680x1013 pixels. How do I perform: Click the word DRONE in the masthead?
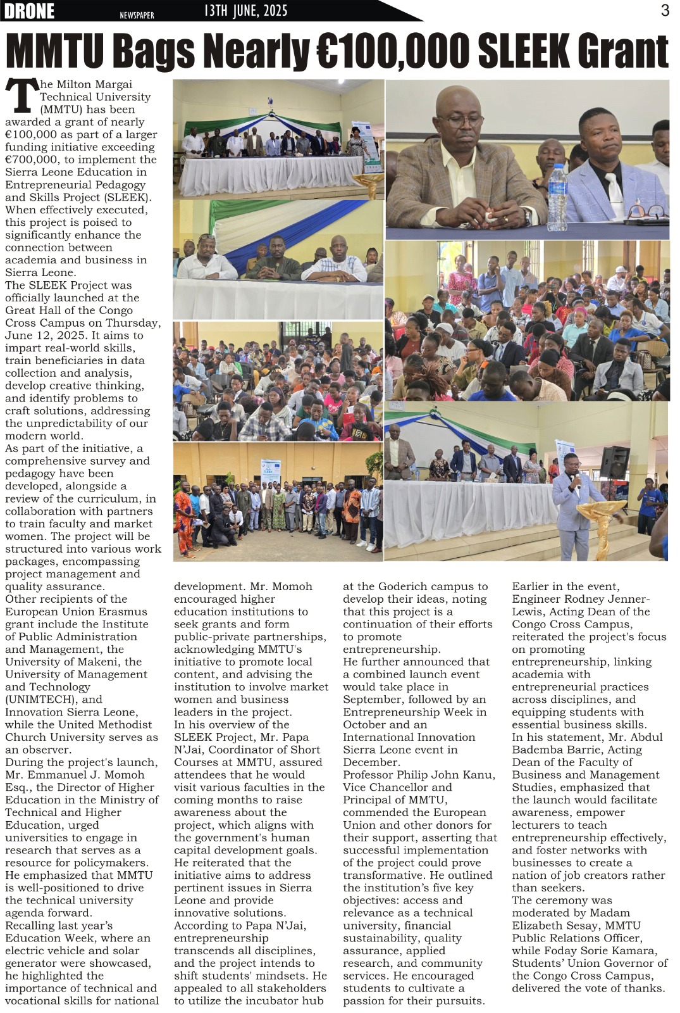pyautogui.click(x=29, y=11)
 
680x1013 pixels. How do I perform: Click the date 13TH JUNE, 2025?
pyautogui.click(x=246, y=11)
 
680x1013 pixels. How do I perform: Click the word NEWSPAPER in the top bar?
pyautogui.click(x=137, y=15)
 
